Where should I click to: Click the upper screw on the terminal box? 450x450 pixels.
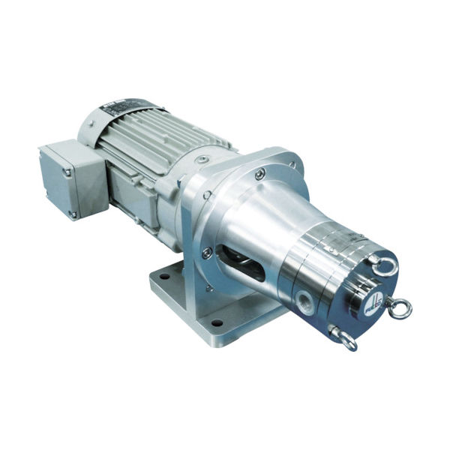click(x=66, y=171)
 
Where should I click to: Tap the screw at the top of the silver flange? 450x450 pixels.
click(x=259, y=174)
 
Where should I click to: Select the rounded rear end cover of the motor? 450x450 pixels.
click(x=94, y=120)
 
